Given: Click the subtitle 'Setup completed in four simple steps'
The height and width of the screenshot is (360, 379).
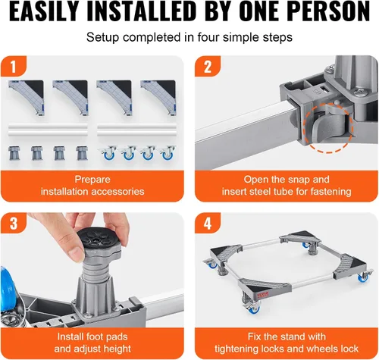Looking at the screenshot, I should [x=189, y=37].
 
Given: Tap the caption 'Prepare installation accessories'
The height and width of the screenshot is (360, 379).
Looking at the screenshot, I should [x=95, y=186].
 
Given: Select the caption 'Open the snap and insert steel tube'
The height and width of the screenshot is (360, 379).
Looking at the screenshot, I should [x=285, y=186].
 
